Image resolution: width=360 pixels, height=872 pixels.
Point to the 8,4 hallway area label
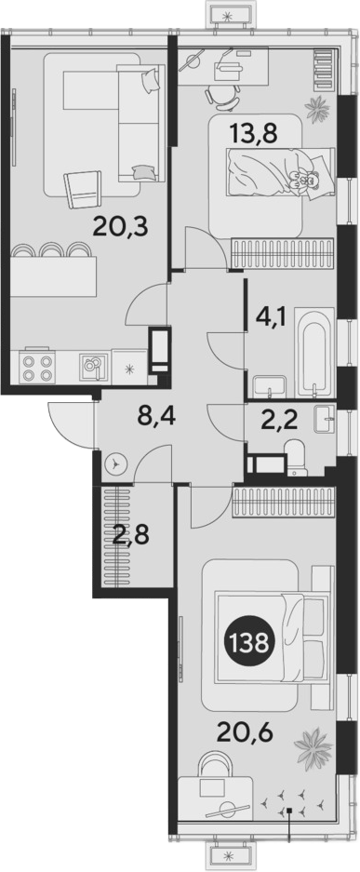click(x=156, y=417)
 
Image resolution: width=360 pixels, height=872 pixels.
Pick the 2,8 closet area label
click(x=131, y=539)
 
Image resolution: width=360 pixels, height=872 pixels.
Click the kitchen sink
click(x=92, y=366)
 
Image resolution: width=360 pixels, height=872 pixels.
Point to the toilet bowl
click(x=294, y=457)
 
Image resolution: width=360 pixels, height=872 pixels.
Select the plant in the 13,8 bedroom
click(x=318, y=109)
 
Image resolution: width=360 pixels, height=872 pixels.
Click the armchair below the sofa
click(x=83, y=190)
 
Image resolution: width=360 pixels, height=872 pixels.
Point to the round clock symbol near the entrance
click(x=115, y=463)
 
